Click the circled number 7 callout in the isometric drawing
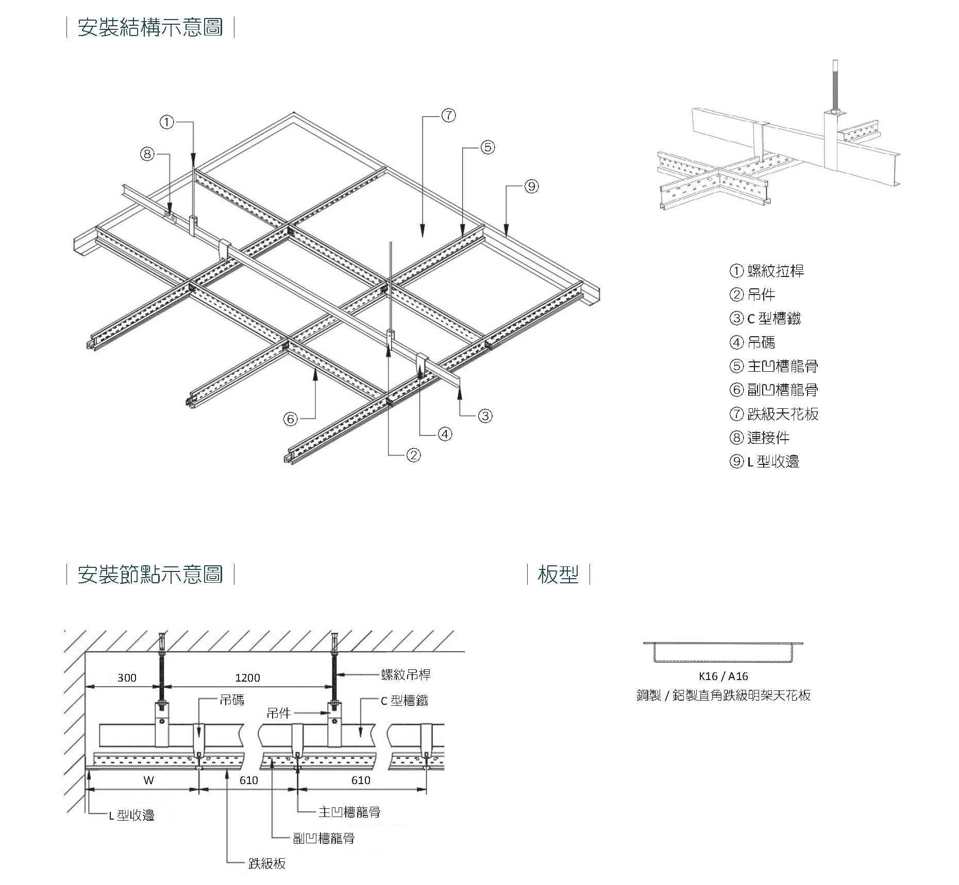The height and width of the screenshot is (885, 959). (449, 116)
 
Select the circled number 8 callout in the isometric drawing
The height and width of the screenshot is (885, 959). (148, 154)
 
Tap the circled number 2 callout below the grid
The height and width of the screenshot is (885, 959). (413, 455)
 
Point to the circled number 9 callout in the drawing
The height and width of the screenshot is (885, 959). (531, 186)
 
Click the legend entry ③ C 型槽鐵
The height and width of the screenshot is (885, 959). (765, 319)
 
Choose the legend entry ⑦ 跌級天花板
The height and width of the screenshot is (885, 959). (774, 414)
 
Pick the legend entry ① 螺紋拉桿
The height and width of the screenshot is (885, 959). (767, 271)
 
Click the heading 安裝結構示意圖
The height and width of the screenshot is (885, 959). (150, 27)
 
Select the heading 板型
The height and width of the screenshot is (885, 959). (558, 574)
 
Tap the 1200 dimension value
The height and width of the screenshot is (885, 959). (247, 678)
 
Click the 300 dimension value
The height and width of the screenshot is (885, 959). (127, 678)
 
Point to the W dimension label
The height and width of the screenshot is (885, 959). (148, 780)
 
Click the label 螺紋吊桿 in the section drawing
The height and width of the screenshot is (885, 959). (406, 674)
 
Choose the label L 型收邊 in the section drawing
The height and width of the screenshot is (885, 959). (131, 815)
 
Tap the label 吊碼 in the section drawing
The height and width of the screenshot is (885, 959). (232, 700)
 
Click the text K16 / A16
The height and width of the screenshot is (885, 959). (723, 676)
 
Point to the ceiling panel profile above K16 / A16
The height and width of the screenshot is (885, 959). (723, 651)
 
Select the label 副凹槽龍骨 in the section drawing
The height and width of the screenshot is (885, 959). (324, 838)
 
